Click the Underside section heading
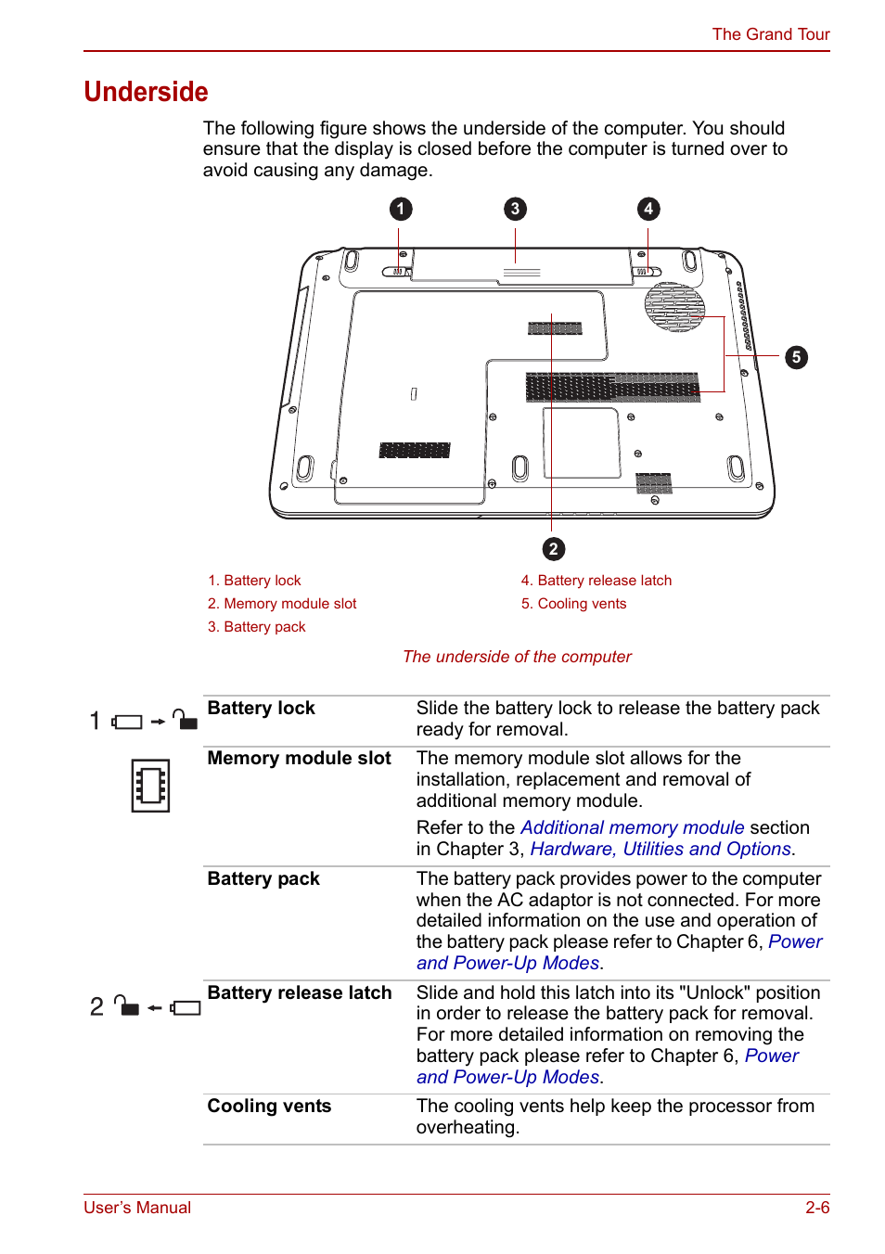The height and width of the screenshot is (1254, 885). [146, 92]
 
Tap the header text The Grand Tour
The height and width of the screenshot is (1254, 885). [770, 34]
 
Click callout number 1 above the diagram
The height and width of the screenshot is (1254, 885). [400, 209]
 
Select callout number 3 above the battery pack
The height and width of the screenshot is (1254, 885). [515, 209]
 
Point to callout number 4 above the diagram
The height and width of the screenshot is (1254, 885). [648, 209]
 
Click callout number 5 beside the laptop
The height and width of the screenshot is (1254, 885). [796, 357]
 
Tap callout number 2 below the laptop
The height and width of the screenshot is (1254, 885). [553, 549]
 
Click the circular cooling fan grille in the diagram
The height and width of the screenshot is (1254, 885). [674, 306]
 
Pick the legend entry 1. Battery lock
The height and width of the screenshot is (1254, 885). [254, 581]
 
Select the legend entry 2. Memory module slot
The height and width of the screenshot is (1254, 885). [282, 604]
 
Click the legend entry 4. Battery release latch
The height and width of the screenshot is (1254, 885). [596, 581]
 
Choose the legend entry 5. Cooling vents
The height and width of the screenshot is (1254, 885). [573, 604]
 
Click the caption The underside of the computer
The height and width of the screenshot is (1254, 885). [517, 657]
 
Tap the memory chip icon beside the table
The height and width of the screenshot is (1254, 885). [150, 786]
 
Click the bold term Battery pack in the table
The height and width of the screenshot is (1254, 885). [263, 878]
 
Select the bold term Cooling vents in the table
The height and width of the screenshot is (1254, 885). [269, 1106]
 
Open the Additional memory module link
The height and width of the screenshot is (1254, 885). [632, 827]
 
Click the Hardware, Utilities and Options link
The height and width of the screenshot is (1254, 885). [661, 849]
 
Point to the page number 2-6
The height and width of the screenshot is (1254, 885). [816, 1208]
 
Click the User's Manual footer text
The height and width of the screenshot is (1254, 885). [137, 1208]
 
